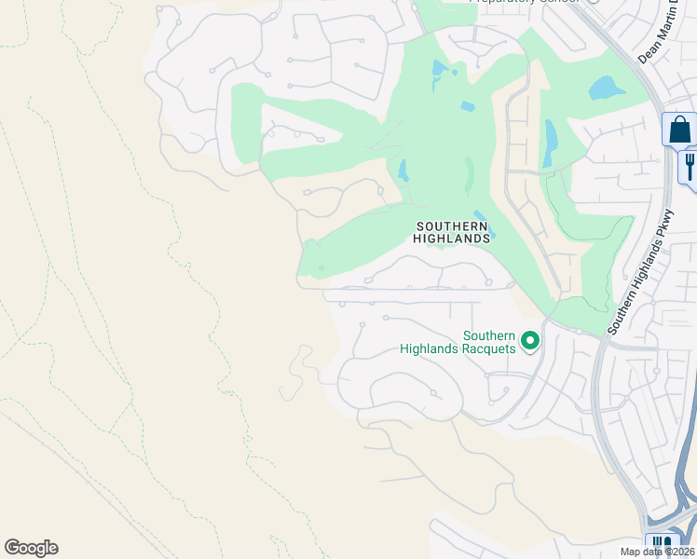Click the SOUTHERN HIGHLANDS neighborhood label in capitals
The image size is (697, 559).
click(452, 232)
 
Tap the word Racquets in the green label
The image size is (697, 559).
click(483, 348)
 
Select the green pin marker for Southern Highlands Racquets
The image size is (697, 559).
click(530, 342)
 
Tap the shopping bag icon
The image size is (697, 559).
click(680, 130)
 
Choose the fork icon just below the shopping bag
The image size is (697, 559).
click(690, 166)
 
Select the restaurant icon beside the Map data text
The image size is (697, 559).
click(663, 544)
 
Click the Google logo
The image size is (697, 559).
click(31, 548)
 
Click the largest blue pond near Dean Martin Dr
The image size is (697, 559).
click(608, 89)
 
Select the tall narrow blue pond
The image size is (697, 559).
click(551, 143)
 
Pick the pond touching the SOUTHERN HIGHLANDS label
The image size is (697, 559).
click(483, 223)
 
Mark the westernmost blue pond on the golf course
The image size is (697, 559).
click(403, 170)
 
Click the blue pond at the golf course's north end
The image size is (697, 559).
click(440, 70)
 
